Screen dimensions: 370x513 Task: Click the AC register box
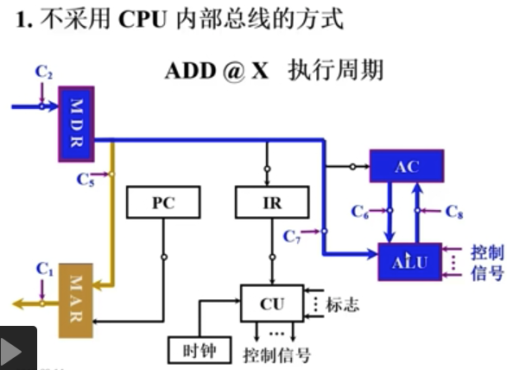point(406,166)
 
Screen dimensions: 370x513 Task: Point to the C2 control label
point(43,72)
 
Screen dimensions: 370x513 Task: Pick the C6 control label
point(362,211)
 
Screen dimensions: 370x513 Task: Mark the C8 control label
point(454,211)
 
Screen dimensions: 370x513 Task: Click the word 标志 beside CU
point(343,304)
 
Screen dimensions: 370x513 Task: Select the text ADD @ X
point(217,70)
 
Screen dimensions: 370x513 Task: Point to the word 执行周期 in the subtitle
point(336,70)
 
